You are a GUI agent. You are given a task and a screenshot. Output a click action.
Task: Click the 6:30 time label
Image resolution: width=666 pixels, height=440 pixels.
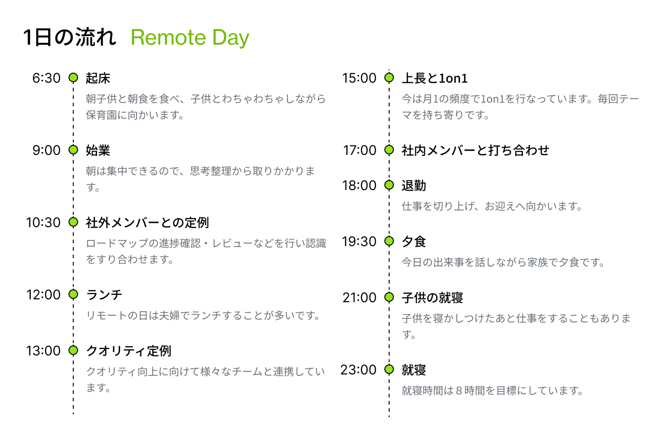47,78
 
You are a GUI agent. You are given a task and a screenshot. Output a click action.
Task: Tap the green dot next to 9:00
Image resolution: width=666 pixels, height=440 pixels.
73,150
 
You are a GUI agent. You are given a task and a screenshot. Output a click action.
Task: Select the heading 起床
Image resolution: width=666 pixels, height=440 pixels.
98,78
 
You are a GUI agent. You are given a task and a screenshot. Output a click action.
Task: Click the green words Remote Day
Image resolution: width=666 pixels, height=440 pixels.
190,38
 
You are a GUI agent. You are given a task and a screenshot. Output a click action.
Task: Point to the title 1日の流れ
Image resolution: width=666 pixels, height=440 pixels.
69,38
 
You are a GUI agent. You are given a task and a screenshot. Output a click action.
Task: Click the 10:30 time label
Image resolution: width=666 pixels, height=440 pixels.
43,222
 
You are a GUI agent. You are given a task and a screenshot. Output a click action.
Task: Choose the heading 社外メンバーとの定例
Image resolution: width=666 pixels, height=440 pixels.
147,222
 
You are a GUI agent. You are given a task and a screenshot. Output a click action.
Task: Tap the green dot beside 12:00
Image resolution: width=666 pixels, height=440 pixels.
73,294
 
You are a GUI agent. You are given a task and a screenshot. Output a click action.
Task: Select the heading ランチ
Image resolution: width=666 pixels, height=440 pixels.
104,295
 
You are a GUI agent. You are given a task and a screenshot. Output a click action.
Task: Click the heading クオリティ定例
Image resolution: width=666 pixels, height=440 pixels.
129,351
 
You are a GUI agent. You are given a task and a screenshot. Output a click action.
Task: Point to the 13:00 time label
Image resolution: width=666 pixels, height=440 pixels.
43,351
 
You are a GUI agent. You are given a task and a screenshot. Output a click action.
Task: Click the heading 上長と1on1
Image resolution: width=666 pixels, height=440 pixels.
434,78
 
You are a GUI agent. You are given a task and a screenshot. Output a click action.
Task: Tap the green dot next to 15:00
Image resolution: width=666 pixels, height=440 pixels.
389,78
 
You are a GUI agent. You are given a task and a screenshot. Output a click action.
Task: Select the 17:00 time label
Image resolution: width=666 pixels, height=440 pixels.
360,150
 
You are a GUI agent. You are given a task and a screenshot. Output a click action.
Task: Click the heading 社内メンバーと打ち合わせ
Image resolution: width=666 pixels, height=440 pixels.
475,150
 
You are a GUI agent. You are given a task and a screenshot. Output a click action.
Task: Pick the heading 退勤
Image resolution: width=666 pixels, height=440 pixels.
414,186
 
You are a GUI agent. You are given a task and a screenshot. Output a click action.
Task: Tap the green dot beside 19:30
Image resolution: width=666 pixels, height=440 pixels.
389,241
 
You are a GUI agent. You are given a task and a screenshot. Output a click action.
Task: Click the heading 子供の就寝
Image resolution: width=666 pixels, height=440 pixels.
432,297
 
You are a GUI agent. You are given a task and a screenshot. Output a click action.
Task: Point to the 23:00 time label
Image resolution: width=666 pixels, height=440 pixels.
359,370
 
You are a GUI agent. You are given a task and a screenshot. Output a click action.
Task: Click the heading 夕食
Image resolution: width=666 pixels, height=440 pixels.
414,241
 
